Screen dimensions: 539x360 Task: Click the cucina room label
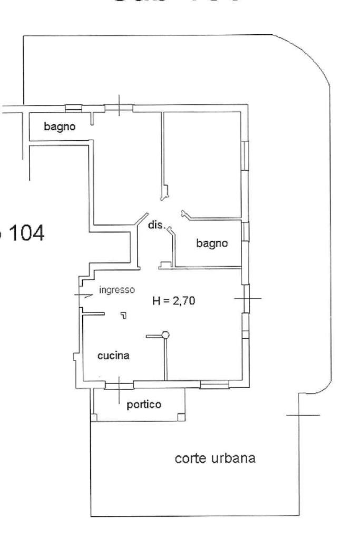[113, 356]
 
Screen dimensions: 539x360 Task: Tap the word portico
[144, 404]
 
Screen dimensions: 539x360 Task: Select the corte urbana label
[215, 458]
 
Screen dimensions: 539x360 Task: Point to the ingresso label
[117, 289]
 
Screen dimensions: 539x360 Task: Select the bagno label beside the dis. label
[212, 243]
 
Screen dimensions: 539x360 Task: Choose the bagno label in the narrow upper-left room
[60, 126]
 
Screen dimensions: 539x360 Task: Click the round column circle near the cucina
[166, 334]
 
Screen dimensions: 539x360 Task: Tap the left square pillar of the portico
[94, 418]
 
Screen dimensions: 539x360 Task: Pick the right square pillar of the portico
[181, 418]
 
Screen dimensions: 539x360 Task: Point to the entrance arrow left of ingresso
[83, 296]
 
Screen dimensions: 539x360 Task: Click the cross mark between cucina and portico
[119, 388]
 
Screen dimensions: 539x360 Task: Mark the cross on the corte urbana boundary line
[300, 415]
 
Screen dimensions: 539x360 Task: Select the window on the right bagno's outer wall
[245, 232]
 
